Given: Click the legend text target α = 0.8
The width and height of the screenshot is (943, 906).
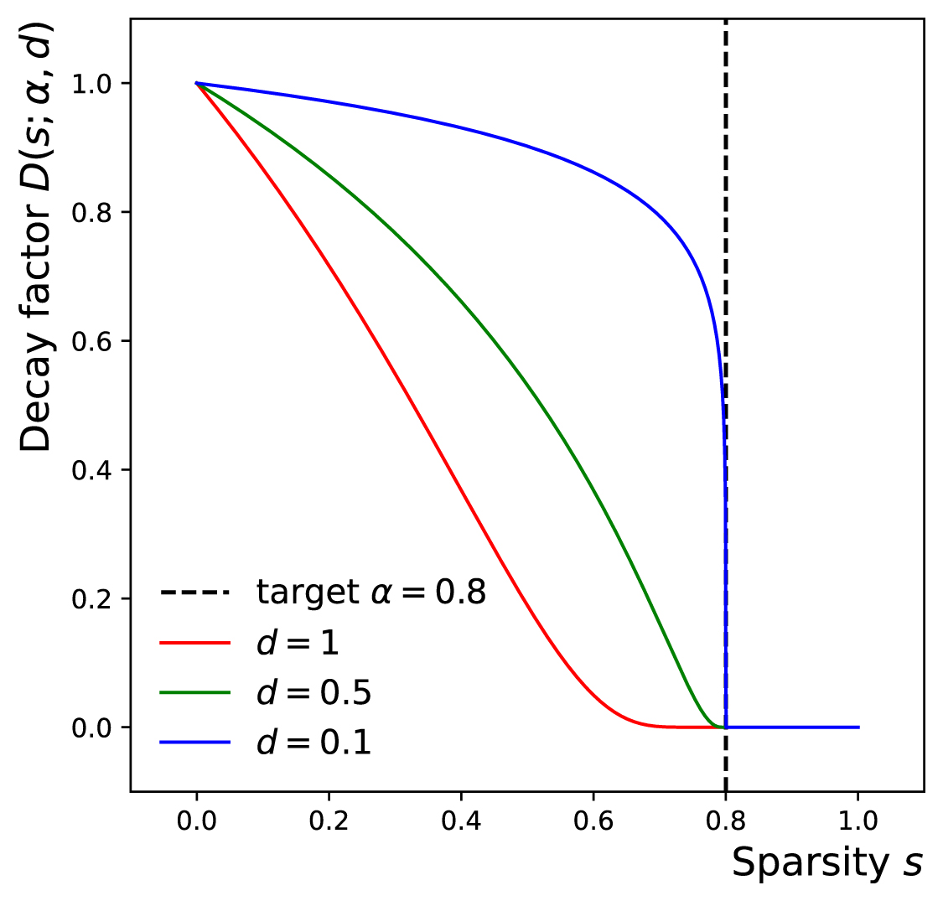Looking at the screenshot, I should (370, 593).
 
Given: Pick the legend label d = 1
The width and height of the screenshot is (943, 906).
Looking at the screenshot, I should (298, 643).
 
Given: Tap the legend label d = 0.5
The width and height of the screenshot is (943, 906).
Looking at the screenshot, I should (313, 693).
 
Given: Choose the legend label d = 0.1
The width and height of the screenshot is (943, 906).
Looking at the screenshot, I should (313, 743).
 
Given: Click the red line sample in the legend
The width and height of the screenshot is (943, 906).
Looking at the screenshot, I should (194, 643).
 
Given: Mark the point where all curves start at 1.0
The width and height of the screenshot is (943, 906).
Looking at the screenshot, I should (196, 83).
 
